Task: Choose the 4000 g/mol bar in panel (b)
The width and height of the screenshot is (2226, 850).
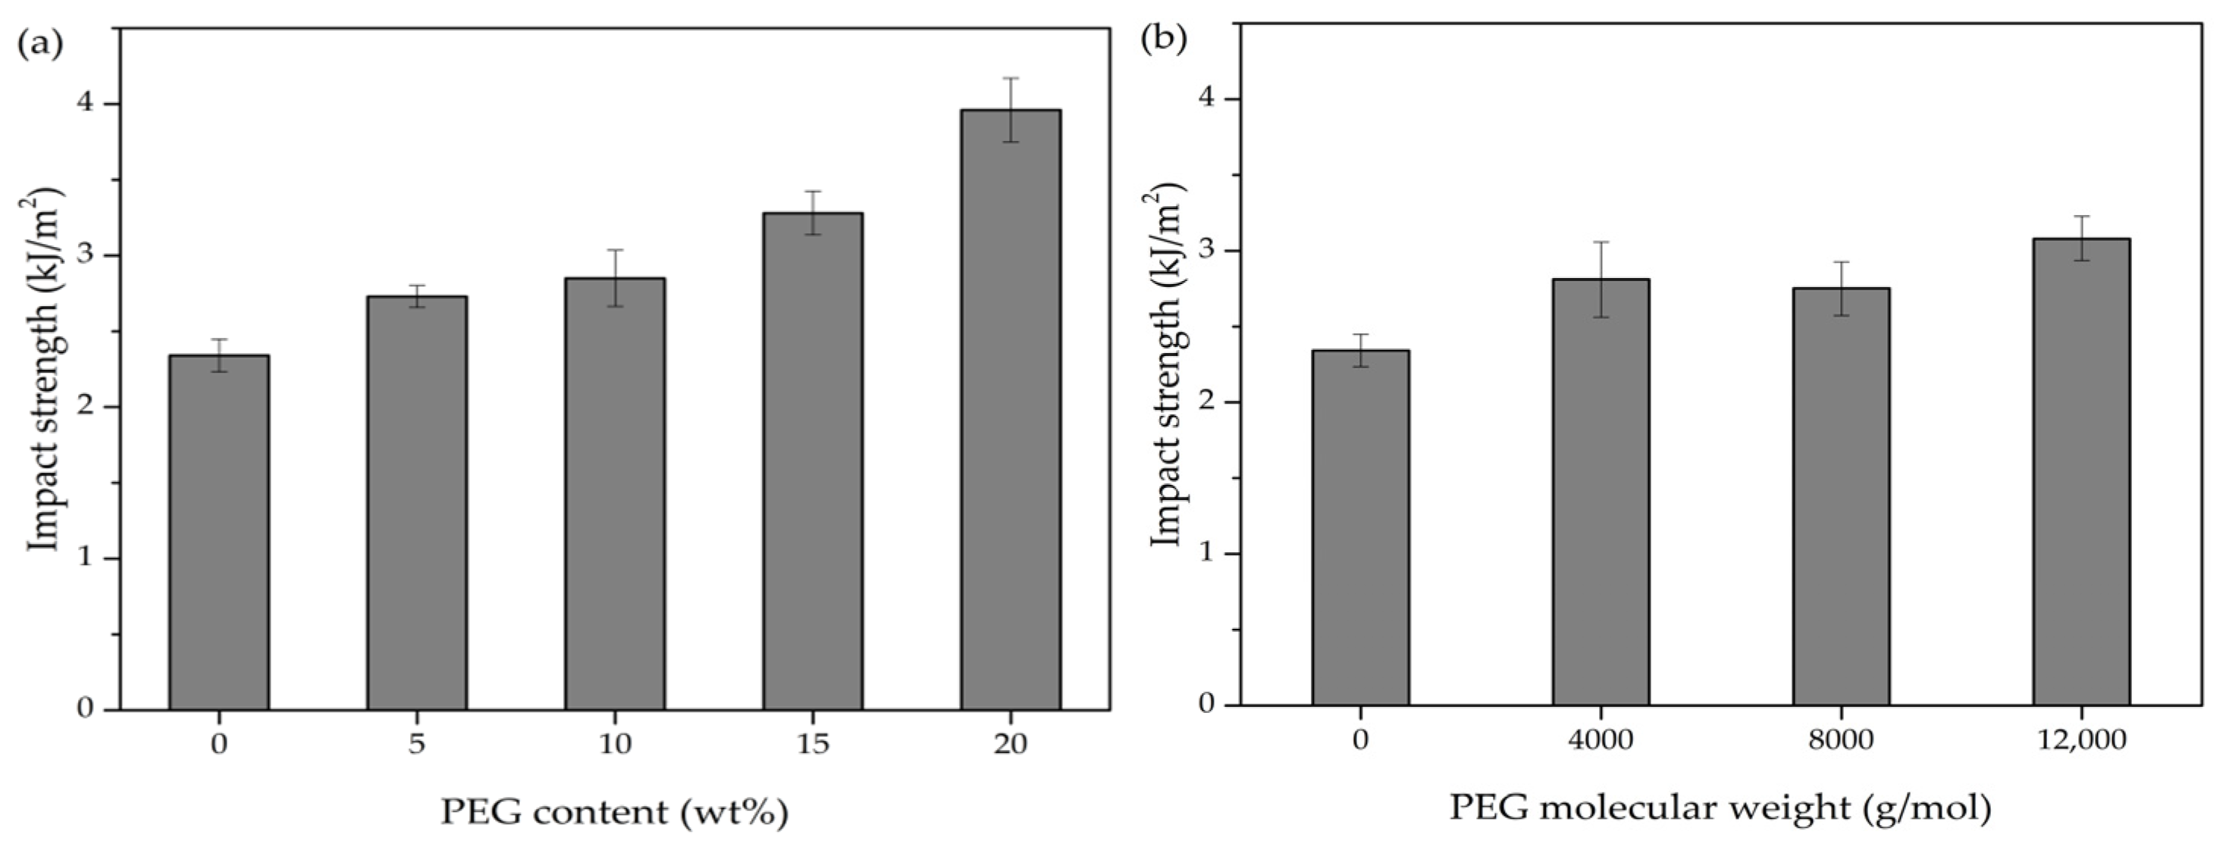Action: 1601,492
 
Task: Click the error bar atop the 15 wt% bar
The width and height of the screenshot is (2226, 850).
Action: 812,212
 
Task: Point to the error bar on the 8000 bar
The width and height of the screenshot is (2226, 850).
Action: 1841,289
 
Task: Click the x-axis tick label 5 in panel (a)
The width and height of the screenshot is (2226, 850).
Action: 416,744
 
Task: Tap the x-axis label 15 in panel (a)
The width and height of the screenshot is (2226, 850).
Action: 812,744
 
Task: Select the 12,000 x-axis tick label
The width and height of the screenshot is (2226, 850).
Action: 2080,740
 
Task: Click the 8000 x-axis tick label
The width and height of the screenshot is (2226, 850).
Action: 1841,740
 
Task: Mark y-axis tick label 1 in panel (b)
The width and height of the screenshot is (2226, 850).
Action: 1207,554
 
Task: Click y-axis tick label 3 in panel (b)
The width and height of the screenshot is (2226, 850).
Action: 1207,251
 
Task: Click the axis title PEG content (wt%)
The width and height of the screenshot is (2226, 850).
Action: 614,812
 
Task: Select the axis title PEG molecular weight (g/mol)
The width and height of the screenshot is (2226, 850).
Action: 1720,808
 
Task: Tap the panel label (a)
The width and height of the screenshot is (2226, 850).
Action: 39,43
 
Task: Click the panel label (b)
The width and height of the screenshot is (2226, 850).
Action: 1163,39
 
